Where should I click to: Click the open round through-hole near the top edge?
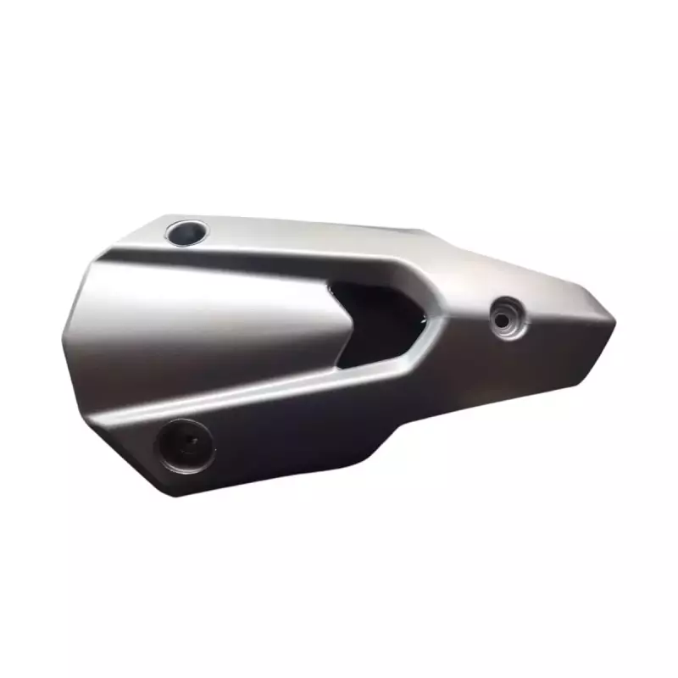tap(187, 231)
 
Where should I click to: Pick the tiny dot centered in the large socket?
tap(187, 442)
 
